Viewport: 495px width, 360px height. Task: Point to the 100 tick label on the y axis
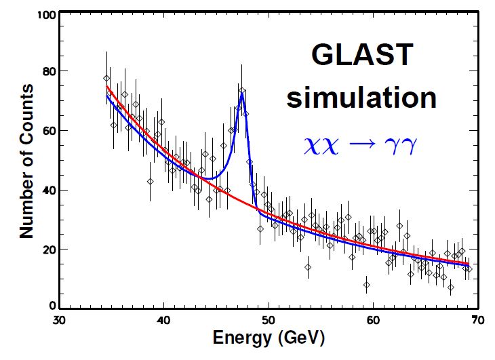point(45,12)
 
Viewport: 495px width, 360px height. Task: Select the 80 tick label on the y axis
point(48,71)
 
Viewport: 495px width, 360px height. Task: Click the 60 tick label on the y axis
point(48,131)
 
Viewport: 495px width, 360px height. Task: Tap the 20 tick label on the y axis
point(48,249)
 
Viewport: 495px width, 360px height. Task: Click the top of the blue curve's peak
point(241,93)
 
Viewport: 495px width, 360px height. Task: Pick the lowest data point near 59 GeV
point(367,285)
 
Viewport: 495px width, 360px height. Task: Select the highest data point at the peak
point(242,89)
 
